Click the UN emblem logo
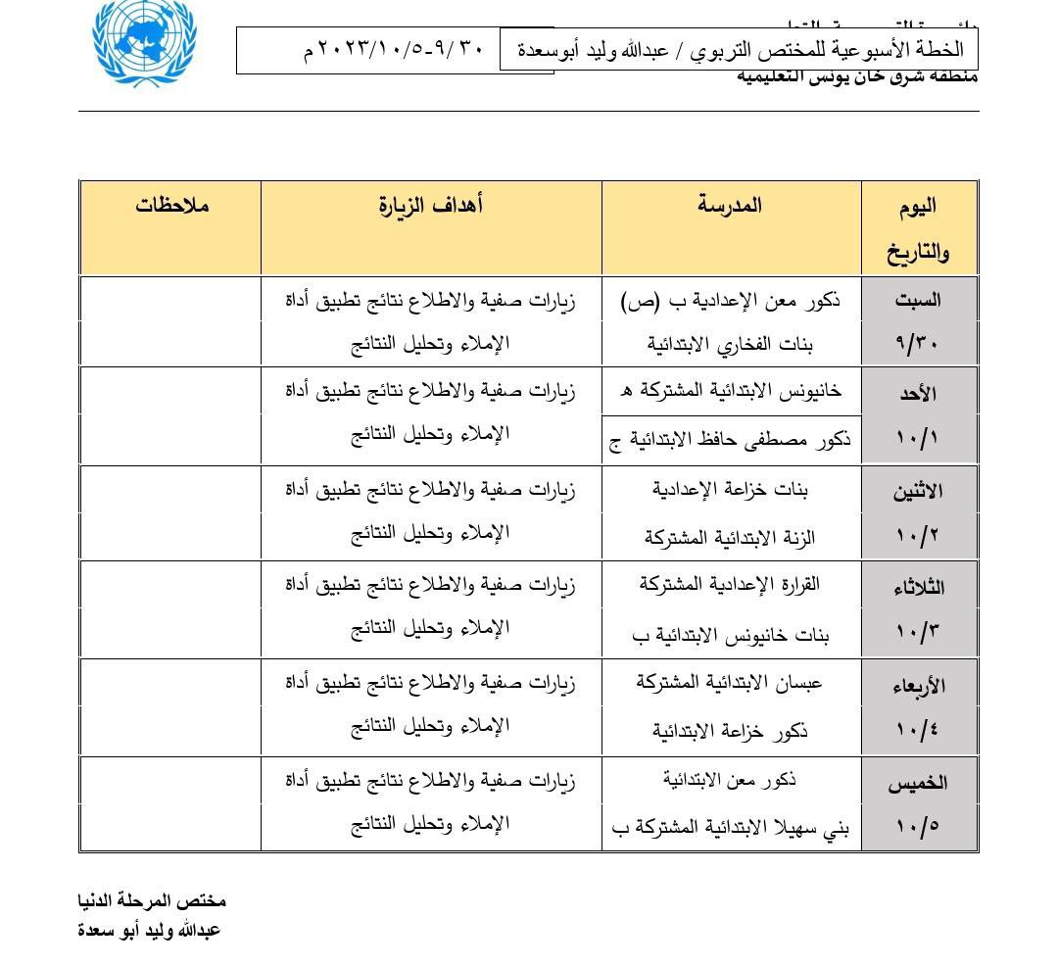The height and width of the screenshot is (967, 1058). click(143, 42)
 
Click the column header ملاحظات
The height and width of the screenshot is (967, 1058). click(172, 206)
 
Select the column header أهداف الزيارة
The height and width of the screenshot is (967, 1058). click(431, 205)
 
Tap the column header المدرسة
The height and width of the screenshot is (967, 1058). click(730, 205)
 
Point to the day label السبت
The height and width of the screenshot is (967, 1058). click(918, 301)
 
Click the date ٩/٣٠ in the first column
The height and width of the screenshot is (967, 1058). click(918, 345)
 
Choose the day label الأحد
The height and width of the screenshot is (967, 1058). click(918, 394)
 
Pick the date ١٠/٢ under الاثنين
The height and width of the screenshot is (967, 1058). click(918, 537)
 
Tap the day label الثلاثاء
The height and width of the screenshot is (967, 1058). click(918, 588)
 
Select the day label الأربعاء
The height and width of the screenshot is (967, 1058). click(918, 686)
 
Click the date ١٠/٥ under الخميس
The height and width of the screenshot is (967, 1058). click(918, 825)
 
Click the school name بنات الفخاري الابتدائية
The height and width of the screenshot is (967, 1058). click(731, 344)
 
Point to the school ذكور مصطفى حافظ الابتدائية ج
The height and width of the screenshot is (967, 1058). click(731, 440)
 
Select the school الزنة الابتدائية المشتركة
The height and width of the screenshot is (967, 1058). click(731, 537)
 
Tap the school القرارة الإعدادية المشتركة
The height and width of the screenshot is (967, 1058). click(731, 584)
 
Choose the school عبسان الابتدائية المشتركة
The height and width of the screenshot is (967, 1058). click(731, 682)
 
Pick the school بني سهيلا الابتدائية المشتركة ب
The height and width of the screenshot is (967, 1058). click(731, 828)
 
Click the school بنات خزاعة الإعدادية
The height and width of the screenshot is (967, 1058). click(731, 489)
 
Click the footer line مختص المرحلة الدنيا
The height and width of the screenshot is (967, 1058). click(152, 899)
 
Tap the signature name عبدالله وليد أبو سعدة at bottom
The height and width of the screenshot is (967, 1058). click(150, 929)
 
